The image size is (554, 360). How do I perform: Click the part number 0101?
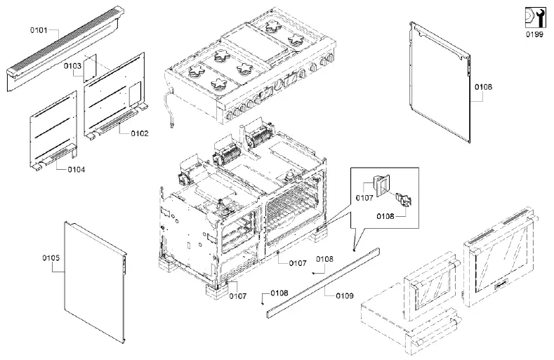tap(39, 30)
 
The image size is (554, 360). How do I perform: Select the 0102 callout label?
tap(139, 133)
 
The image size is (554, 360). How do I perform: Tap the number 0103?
tap(72, 65)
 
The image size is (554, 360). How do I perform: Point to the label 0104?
tap(77, 170)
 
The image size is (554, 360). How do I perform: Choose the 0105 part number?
tap(51, 258)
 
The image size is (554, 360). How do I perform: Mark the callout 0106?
tap(483, 87)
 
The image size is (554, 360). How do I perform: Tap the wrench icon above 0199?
tap(534, 16)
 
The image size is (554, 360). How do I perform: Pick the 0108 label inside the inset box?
tap(384, 218)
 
